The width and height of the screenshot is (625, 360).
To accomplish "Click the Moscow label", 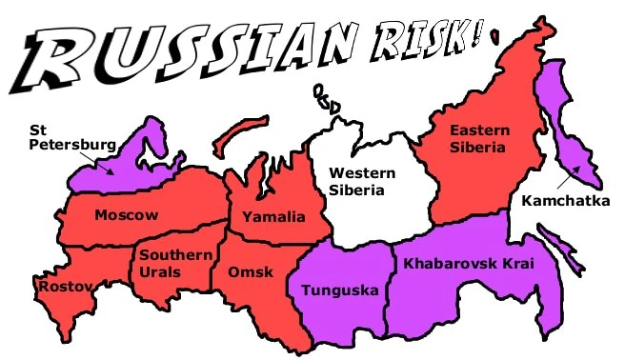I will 126,215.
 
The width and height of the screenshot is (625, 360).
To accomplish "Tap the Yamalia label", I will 273,217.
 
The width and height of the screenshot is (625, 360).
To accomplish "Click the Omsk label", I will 251,272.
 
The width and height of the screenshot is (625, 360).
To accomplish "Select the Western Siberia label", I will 357,180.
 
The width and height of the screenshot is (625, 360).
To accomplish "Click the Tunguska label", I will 339,290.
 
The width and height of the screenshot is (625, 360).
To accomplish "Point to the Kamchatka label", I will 565,200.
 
